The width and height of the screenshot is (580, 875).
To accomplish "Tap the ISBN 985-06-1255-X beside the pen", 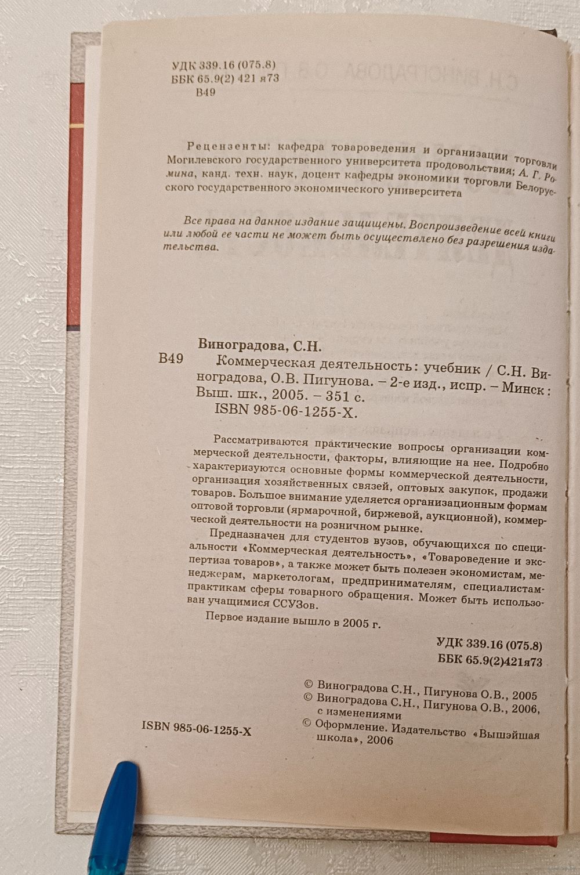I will [x=196, y=730].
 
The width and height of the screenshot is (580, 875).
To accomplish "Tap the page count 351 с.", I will [x=343, y=397].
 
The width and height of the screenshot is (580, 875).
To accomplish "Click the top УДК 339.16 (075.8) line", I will [x=224, y=66].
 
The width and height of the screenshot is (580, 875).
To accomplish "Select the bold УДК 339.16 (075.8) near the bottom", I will [x=489, y=644].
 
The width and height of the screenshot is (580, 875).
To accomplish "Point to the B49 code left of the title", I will [x=171, y=359].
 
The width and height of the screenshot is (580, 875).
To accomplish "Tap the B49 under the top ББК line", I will [x=206, y=92].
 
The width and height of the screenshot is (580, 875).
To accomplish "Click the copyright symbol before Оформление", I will [x=308, y=723].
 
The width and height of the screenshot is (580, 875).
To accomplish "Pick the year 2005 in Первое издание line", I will [x=356, y=622].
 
